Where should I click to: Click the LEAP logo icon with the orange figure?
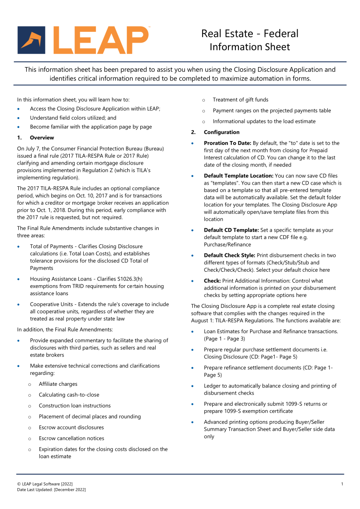pos(31,40)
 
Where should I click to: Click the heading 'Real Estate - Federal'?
pos(250,34)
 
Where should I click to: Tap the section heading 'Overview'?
pos(42,138)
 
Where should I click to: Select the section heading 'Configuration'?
pos(221,132)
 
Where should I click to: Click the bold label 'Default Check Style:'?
pos(230,256)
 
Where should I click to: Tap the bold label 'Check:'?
pos(212,281)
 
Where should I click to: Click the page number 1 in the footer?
pos(342,484)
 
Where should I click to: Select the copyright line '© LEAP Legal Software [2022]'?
pos(45,484)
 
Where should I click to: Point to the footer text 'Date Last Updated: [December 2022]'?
pos(51,490)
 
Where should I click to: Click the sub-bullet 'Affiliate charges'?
pos(58,384)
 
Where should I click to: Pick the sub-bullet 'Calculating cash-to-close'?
pos(69,395)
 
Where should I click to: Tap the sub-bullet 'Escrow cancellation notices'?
pos(71,438)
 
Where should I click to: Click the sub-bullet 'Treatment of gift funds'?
pos(241,100)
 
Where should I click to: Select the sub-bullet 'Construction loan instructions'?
pos(75,406)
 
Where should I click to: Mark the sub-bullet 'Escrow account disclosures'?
pos(71,428)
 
